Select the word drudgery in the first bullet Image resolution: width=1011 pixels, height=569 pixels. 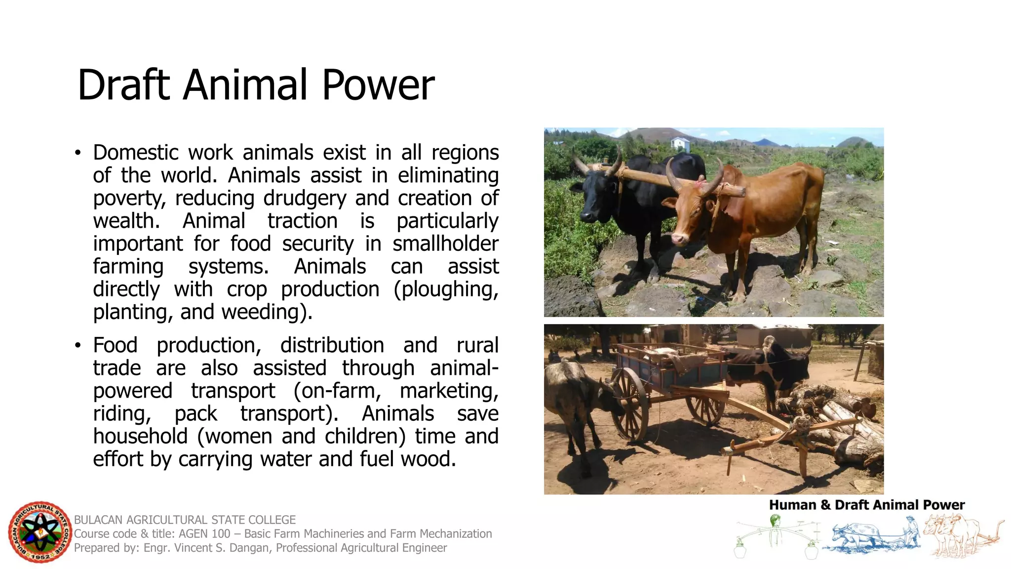pyautogui.click(x=305, y=198)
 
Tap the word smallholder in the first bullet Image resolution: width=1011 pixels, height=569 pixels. pyautogui.click(x=445, y=244)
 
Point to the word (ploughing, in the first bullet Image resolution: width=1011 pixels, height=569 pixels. pyautogui.click(x=446, y=289)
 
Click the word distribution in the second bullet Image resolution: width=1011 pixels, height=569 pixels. pyautogui.click(x=332, y=345)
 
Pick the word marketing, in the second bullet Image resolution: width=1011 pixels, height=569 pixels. pyautogui.click(x=449, y=391)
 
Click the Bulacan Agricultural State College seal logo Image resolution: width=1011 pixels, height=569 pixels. pyautogui.click(x=40, y=532)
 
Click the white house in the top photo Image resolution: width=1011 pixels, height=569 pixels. pyautogui.click(x=680, y=143)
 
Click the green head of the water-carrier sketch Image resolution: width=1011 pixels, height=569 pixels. pyautogui.click(x=775, y=520)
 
